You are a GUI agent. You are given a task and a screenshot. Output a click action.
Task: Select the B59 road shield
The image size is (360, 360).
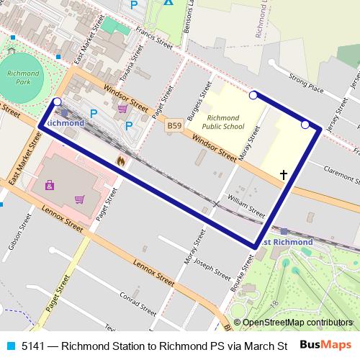174,126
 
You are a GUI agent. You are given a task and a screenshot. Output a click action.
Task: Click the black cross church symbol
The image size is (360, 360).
283,174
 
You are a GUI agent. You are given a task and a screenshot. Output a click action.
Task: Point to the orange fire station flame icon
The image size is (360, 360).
120,161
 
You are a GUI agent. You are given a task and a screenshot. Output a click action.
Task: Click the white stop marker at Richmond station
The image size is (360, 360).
58,102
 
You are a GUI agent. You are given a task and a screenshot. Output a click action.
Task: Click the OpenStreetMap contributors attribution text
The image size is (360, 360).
297,323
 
